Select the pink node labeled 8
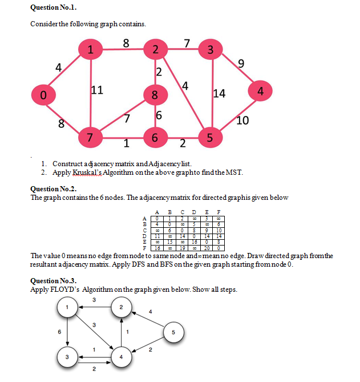(154, 95)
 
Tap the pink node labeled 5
(210, 138)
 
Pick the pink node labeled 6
(154, 138)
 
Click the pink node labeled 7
(89, 138)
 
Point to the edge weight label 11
(97, 89)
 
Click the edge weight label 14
(219, 94)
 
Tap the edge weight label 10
(242, 120)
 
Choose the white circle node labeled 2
(120, 308)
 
